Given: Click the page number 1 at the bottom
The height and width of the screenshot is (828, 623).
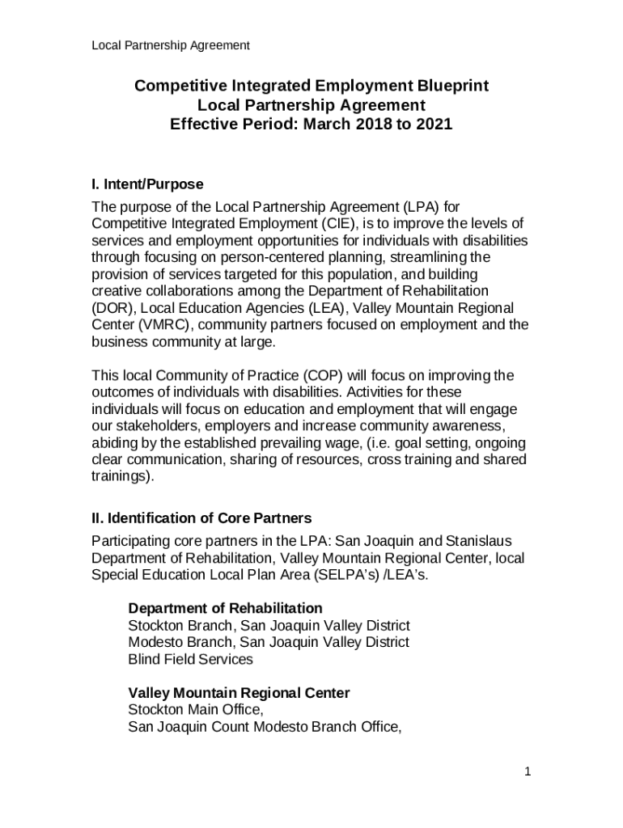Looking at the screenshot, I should [527, 772].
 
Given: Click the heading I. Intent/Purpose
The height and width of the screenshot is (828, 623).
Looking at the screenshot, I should [147, 184].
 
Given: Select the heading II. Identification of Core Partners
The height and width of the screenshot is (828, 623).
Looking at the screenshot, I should [201, 517].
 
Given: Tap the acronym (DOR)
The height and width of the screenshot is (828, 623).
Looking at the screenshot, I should [110, 308].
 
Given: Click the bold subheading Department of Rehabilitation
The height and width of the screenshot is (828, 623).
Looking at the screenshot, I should [226, 608].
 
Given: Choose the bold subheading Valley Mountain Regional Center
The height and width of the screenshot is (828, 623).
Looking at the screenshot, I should [239, 693].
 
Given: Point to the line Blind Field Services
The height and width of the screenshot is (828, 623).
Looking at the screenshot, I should [191, 659].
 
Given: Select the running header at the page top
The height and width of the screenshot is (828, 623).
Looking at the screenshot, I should [170, 45].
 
